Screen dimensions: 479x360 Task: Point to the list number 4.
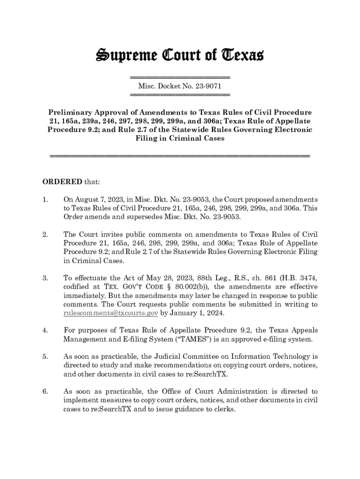coord(45,330)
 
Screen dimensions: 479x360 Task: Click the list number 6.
coord(45,392)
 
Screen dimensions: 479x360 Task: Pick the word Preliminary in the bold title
coord(75,113)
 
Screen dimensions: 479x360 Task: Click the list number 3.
coord(45,278)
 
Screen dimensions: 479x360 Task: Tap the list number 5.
coord(45,356)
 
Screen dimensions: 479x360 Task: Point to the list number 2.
coord(45,234)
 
